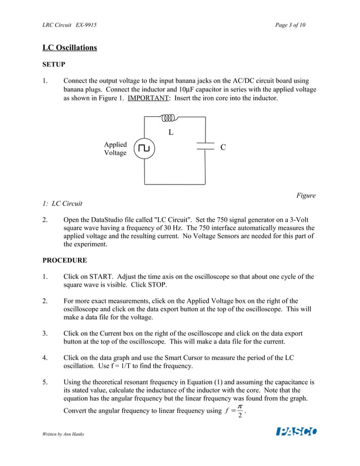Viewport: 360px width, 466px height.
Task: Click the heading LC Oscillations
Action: coord(70,47)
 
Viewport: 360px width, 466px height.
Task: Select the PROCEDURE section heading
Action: coord(65,260)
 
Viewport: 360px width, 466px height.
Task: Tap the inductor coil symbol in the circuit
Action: coord(169,118)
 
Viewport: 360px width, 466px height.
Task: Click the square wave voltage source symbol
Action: coord(145,148)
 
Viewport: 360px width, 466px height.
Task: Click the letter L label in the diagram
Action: coord(170,133)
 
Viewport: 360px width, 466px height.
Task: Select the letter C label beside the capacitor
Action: coord(223,147)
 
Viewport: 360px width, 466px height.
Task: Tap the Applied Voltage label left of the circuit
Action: coord(115,149)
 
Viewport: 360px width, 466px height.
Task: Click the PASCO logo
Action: coord(296,432)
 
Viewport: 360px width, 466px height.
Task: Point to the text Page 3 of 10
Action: coord(291,25)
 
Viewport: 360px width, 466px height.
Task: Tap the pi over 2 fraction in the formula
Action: coord(240,411)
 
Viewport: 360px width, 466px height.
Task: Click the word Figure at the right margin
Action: coord(306,196)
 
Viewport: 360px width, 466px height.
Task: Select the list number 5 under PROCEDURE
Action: coord(45,382)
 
